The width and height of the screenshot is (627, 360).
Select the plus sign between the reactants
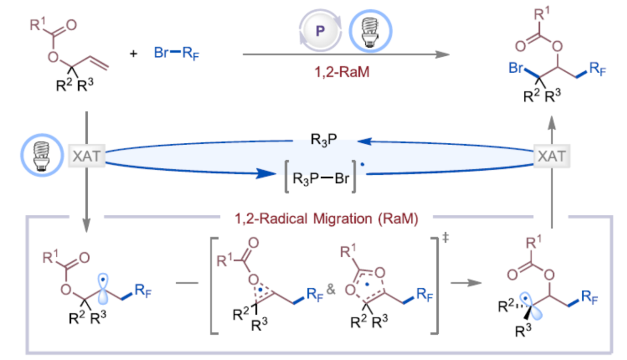(x=134, y=53)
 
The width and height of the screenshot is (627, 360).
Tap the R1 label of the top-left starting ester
(x=36, y=25)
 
